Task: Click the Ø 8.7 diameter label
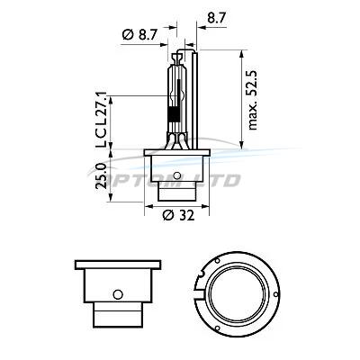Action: click(139, 35)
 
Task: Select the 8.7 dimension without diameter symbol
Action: click(216, 18)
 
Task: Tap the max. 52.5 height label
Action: click(253, 100)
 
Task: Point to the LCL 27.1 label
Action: click(101, 120)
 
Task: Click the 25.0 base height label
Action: click(102, 175)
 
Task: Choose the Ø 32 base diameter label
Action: click(179, 215)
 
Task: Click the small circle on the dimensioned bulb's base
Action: click(177, 175)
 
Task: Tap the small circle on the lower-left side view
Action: click(118, 294)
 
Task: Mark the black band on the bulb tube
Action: click(174, 114)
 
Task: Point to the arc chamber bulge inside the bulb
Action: click(175, 96)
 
